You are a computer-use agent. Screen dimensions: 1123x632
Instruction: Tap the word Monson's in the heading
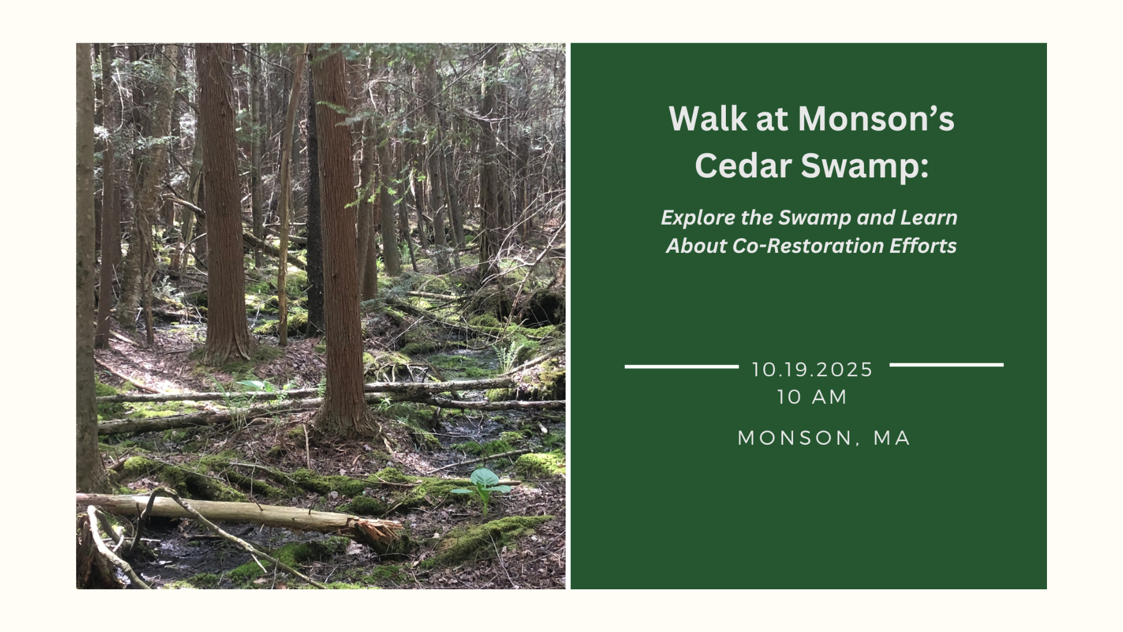[x=876, y=119]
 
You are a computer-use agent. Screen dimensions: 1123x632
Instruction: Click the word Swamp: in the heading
[x=864, y=166]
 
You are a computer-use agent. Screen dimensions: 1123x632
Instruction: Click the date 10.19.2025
[x=812, y=370]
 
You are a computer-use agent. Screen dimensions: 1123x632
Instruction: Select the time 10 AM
[x=812, y=397]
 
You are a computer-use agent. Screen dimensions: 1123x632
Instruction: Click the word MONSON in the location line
[x=795, y=438]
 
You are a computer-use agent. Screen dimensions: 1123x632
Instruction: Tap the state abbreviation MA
[x=892, y=438]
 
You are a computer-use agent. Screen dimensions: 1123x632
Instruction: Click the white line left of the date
[x=681, y=367]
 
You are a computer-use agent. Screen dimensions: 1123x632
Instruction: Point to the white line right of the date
[x=946, y=365]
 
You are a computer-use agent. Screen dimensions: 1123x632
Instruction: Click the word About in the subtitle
[x=696, y=246]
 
